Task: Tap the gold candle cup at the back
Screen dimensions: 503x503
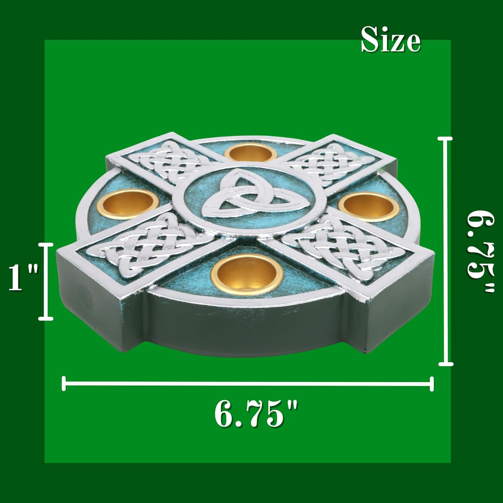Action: (x=251, y=153)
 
